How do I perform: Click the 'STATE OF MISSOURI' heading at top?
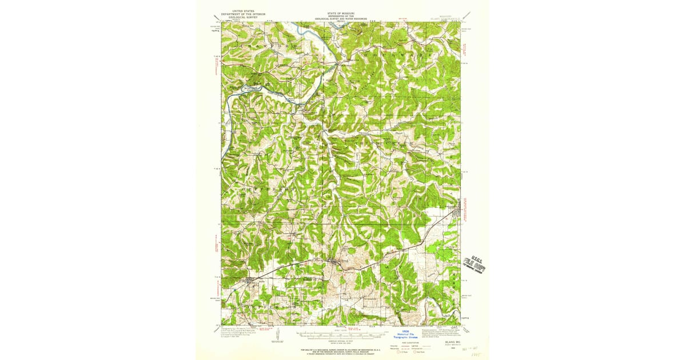point(341,11)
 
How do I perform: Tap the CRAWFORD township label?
point(271,44)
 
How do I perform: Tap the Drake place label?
point(400,134)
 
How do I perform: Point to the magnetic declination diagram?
point(277,334)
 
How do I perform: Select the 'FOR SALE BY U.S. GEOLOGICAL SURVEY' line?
point(341,346)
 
